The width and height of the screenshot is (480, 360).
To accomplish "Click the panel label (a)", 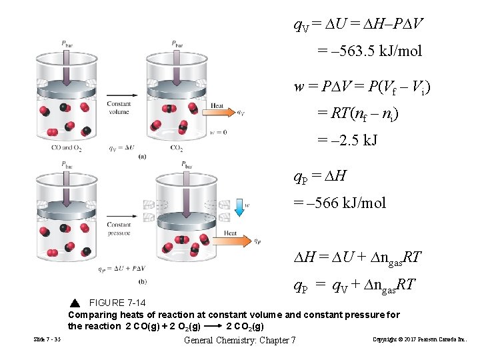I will (x=142, y=157).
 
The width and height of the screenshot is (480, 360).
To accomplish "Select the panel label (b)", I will (x=142, y=281).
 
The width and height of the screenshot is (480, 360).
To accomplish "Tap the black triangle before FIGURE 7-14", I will (x=74, y=303).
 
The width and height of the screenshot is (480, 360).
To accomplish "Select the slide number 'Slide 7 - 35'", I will (x=47, y=340).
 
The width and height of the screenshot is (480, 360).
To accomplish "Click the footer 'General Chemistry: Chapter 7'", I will (x=239, y=341).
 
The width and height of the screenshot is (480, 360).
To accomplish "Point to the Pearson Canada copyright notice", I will (x=420, y=340).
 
